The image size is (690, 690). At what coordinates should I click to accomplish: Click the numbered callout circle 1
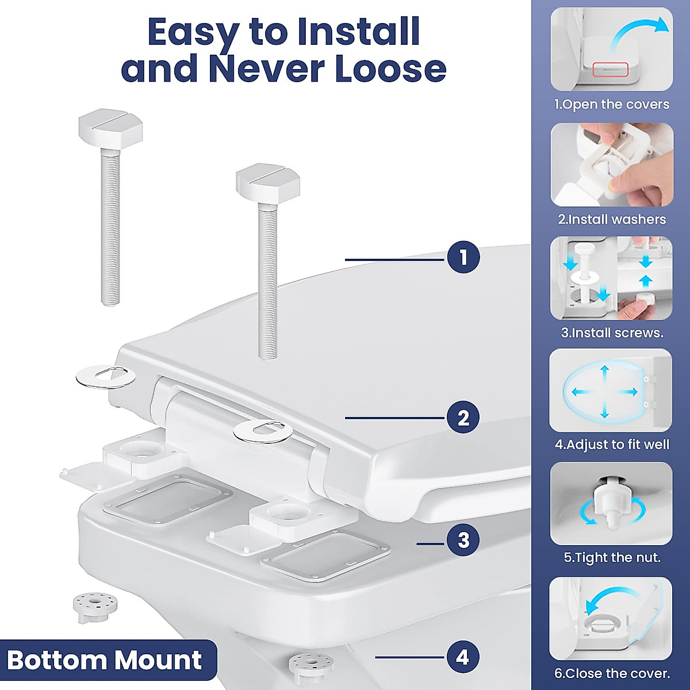[x=463, y=257]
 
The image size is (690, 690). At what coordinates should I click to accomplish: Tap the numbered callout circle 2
[x=463, y=417]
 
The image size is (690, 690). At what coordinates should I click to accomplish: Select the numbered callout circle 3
[x=463, y=540]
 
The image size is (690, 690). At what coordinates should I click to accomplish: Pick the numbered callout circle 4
[x=463, y=657]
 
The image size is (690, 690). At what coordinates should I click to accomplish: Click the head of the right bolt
[x=268, y=182]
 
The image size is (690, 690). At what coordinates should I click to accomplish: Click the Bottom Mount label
[x=105, y=660]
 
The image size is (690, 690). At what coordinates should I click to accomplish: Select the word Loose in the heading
[x=390, y=68]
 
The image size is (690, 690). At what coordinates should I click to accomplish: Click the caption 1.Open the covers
[x=611, y=105]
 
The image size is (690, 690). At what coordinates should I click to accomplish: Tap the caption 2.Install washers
[x=611, y=219]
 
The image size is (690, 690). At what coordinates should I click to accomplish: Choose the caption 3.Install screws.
[x=611, y=332]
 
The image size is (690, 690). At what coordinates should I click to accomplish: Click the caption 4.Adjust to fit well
[x=611, y=444]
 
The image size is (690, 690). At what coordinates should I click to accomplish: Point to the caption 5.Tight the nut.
[x=611, y=557]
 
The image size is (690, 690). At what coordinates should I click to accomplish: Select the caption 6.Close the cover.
[x=611, y=673]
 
